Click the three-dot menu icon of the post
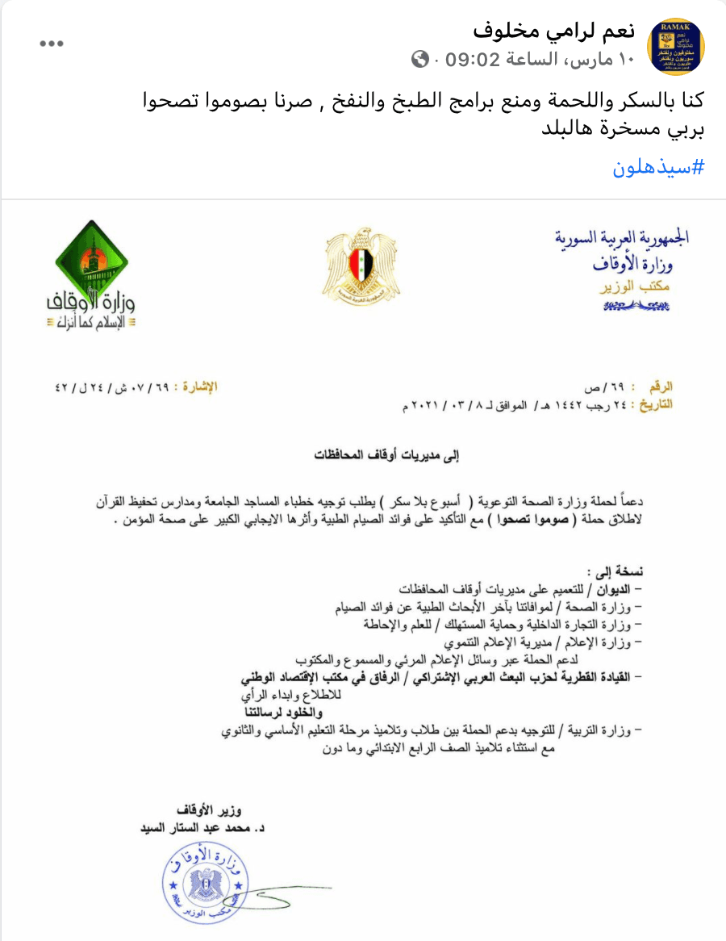(x=52, y=44)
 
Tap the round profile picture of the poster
(x=676, y=45)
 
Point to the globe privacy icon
(x=419, y=59)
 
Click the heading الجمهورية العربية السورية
(x=622, y=237)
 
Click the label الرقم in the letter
(x=661, y=387)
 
